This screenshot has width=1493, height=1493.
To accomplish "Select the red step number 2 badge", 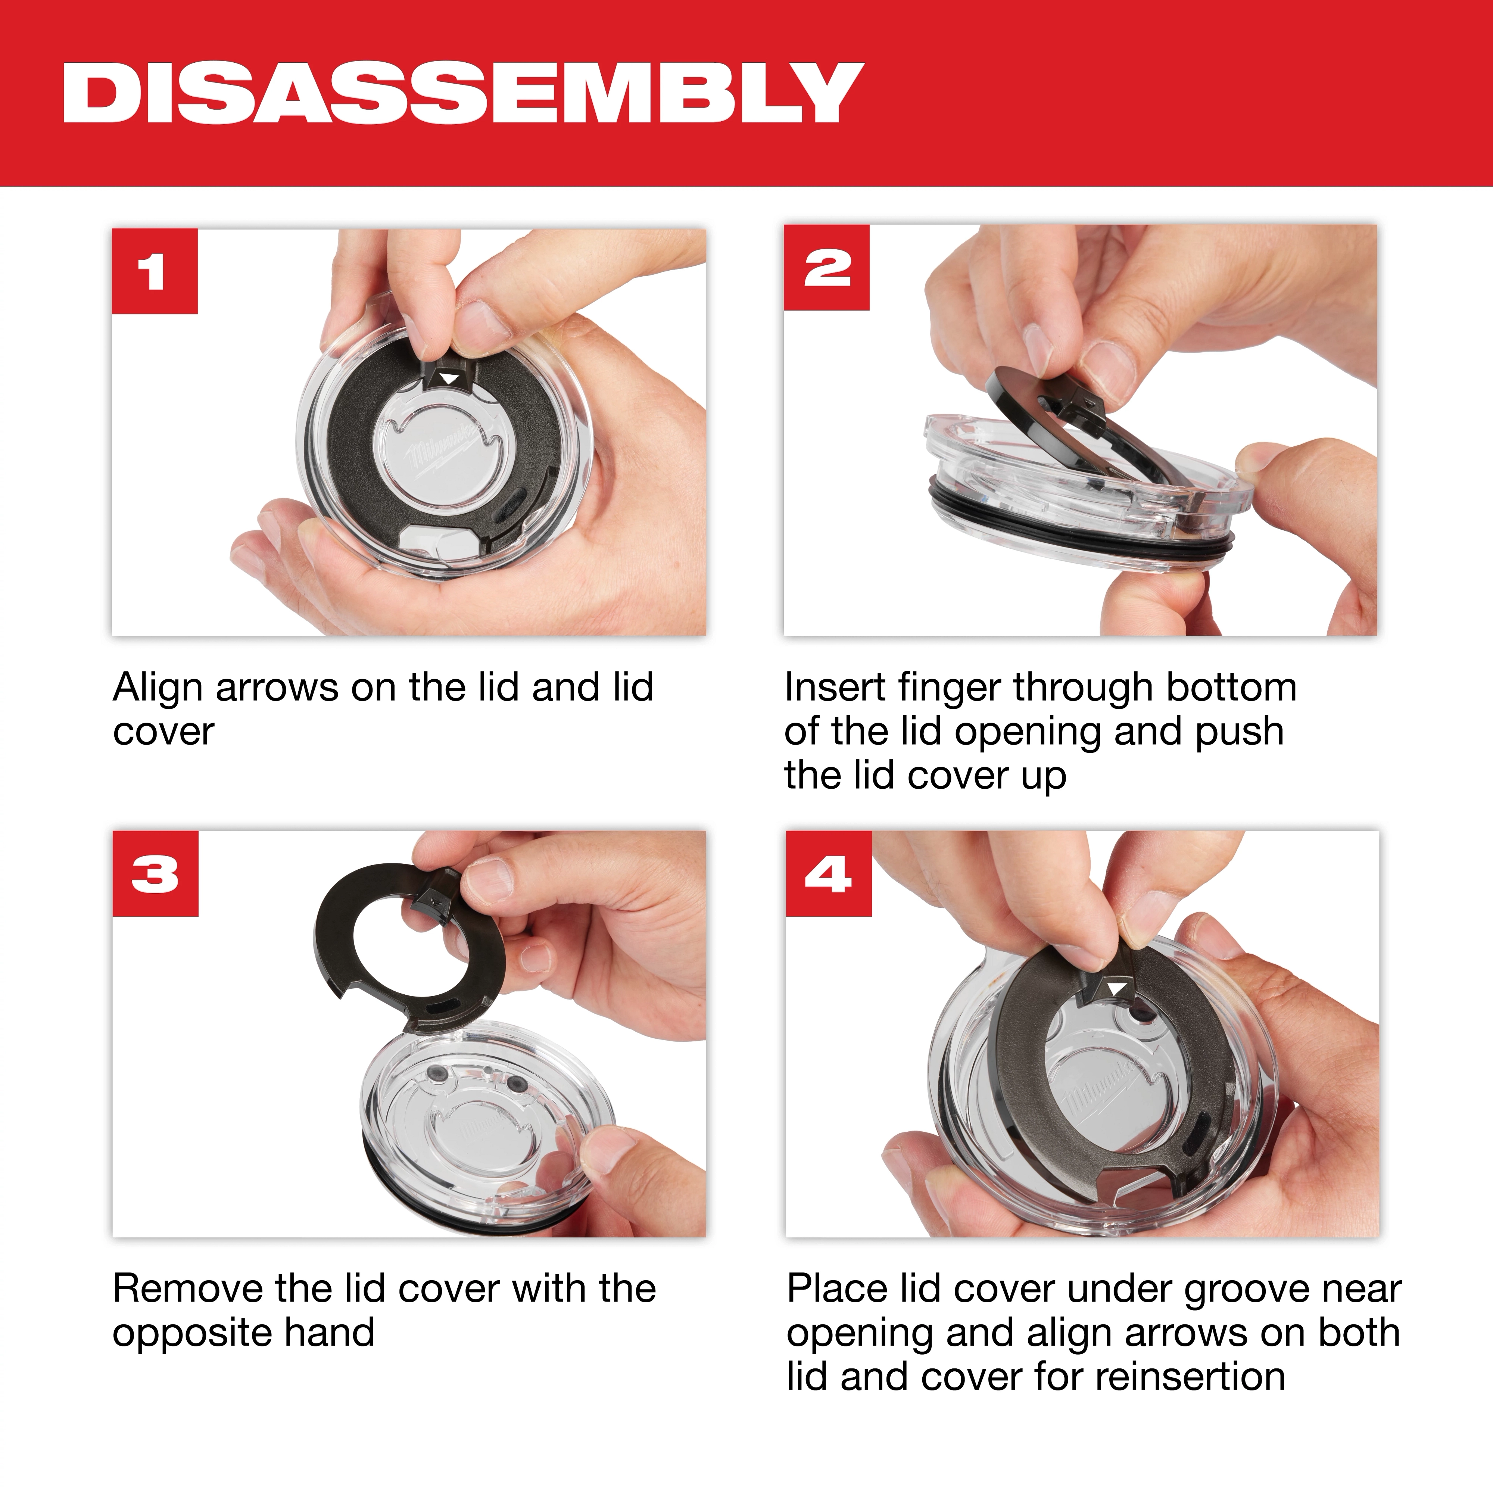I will click(x=826, y=268).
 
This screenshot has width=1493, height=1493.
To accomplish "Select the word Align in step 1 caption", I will click(x=159, y=687).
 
